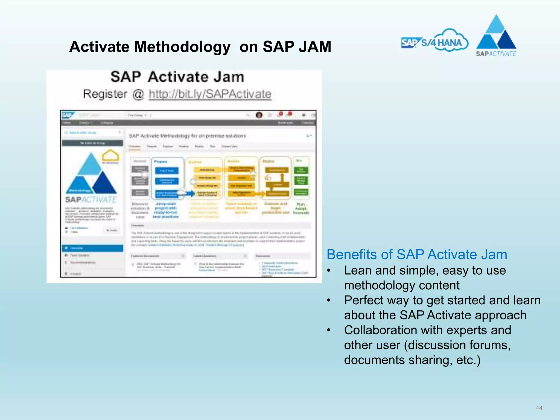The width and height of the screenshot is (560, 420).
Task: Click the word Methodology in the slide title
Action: (x=182, y=47)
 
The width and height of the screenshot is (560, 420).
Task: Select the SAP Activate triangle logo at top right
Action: (x=496, y=34)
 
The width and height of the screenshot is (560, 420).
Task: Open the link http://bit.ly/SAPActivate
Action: (x=210, y=94)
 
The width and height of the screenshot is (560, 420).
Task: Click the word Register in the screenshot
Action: (x=105, y=94)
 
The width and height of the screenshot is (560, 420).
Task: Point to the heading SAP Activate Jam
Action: (x=177, y=77)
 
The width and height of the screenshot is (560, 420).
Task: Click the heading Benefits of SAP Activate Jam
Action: (x=417, y=255)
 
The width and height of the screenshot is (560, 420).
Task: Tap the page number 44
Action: (x=539, y=408)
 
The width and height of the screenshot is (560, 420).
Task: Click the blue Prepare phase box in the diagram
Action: (x=167, y=178)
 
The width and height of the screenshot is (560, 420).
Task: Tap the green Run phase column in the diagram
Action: (x=301, y=178)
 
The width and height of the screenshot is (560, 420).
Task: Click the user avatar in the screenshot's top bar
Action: (x=259, y=115)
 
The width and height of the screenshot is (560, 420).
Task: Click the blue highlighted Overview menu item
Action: (x=92, y=248)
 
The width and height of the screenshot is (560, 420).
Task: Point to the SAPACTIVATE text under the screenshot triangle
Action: (x=91, y=200)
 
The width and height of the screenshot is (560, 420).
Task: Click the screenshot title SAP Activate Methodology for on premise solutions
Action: (x=187, y=136)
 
